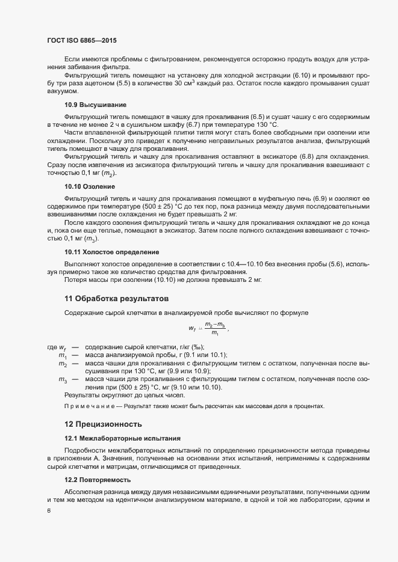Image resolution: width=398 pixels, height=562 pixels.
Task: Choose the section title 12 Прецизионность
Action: (105, 425)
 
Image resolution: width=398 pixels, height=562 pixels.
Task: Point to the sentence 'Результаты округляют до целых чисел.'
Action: (113, 395)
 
